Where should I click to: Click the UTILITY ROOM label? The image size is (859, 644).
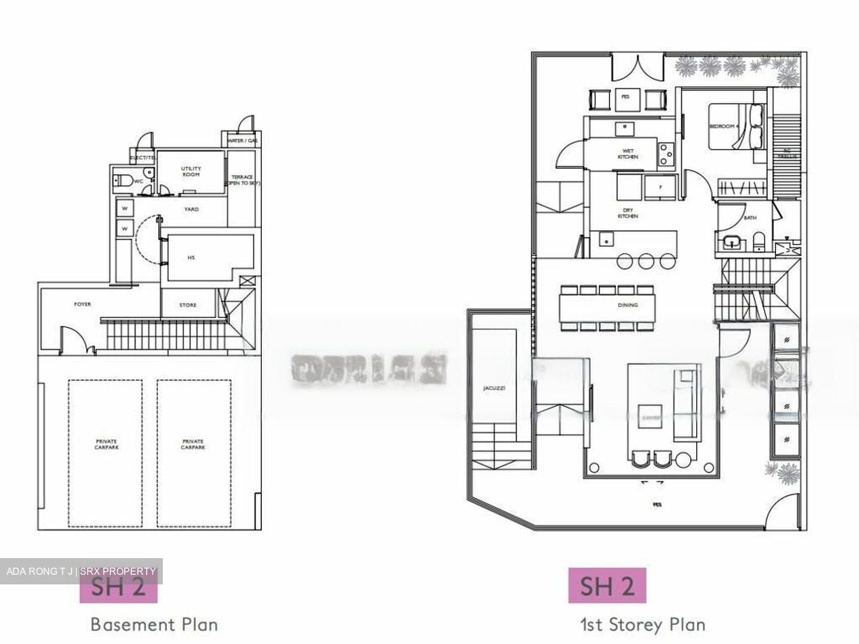(x=191, y=172)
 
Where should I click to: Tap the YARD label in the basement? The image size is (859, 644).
(x=191, y=209)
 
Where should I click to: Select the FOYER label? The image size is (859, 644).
(x=82, y=304)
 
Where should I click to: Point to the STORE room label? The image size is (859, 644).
(x=188, y=305)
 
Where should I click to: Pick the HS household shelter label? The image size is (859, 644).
(x=191, y=258)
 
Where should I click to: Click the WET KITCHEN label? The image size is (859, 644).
(x=628, y=154)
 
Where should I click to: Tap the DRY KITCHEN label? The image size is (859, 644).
(x=628, y=213)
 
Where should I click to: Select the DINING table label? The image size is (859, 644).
(x=628, y=305)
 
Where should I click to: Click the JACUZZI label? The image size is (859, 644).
(x=494, y=388)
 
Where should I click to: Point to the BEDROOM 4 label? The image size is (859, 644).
(x=724, y=126)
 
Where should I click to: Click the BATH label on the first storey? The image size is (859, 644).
(x=750, y=218)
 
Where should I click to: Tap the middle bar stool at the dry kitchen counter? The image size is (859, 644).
(x=646, y=261)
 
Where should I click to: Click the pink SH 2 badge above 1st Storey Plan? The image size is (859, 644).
(x=607, y=586)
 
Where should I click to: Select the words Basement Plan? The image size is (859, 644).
(x=154, y=624)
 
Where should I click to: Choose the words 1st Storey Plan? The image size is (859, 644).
(x=642, y=624)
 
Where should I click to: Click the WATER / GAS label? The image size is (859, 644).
(x=242, y=141)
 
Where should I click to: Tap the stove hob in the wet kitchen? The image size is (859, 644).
(x=665, y=154)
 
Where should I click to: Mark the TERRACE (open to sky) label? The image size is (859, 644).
(x=241, y=181)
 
